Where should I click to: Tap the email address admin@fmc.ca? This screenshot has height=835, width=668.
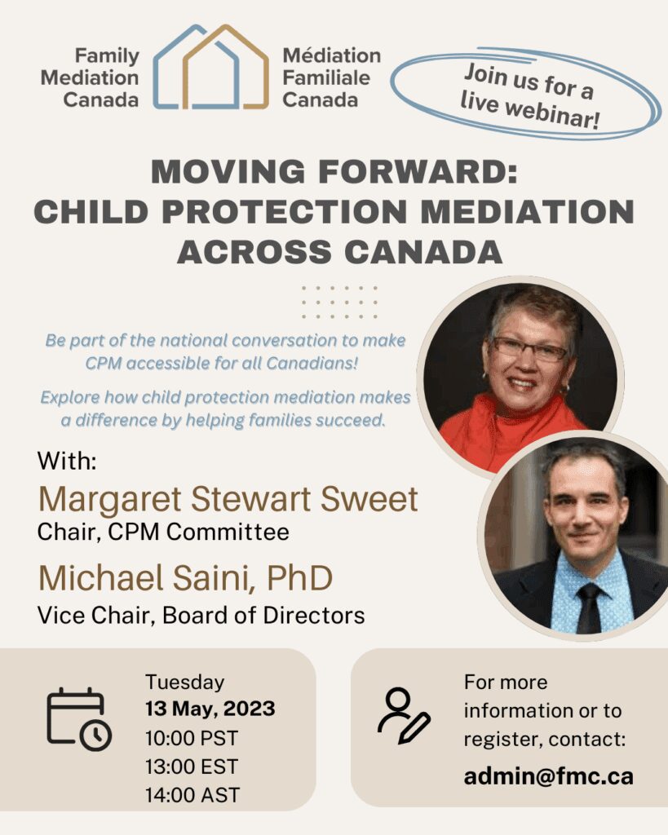pos(549,776)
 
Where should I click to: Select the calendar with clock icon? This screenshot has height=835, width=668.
pos(79,719)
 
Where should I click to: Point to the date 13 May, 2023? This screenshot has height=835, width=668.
pos(210,709)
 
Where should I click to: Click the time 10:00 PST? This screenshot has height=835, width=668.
pos(192,738)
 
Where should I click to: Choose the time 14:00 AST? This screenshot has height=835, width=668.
pos(192,795)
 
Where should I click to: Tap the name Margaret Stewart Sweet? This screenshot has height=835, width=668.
pos(228,500)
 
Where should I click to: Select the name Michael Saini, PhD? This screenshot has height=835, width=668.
pos(185,578)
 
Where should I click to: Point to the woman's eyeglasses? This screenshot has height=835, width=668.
pos(529,349)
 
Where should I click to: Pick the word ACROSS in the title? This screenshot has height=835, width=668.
pos(254,252)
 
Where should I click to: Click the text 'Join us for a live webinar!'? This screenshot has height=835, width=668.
pos(529,96)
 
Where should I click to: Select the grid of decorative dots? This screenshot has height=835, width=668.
pos(339,302)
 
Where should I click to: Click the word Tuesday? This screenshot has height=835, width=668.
pos(185,683)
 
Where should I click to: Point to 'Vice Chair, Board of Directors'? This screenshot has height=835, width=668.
pos(201,616)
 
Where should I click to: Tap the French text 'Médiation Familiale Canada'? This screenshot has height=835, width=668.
pos(331,77)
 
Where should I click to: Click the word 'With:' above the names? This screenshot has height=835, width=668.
pos(67,462)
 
